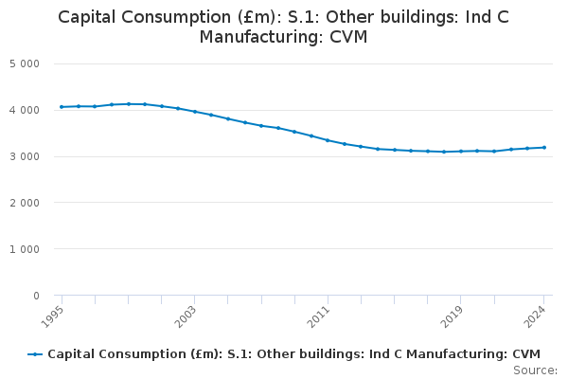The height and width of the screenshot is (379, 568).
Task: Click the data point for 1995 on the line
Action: point(62,107)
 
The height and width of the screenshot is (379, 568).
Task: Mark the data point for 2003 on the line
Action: point(195,112)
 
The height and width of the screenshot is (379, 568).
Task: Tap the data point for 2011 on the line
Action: point(328,140)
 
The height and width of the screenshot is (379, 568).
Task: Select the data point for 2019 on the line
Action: point(461,151)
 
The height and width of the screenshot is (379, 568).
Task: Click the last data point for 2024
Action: point(544,147)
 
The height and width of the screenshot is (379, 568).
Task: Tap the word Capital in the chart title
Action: point(91,16)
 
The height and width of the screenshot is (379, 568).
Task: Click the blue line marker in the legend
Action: point(35,354)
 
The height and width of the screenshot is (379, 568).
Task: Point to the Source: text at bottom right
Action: point(535,370)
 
